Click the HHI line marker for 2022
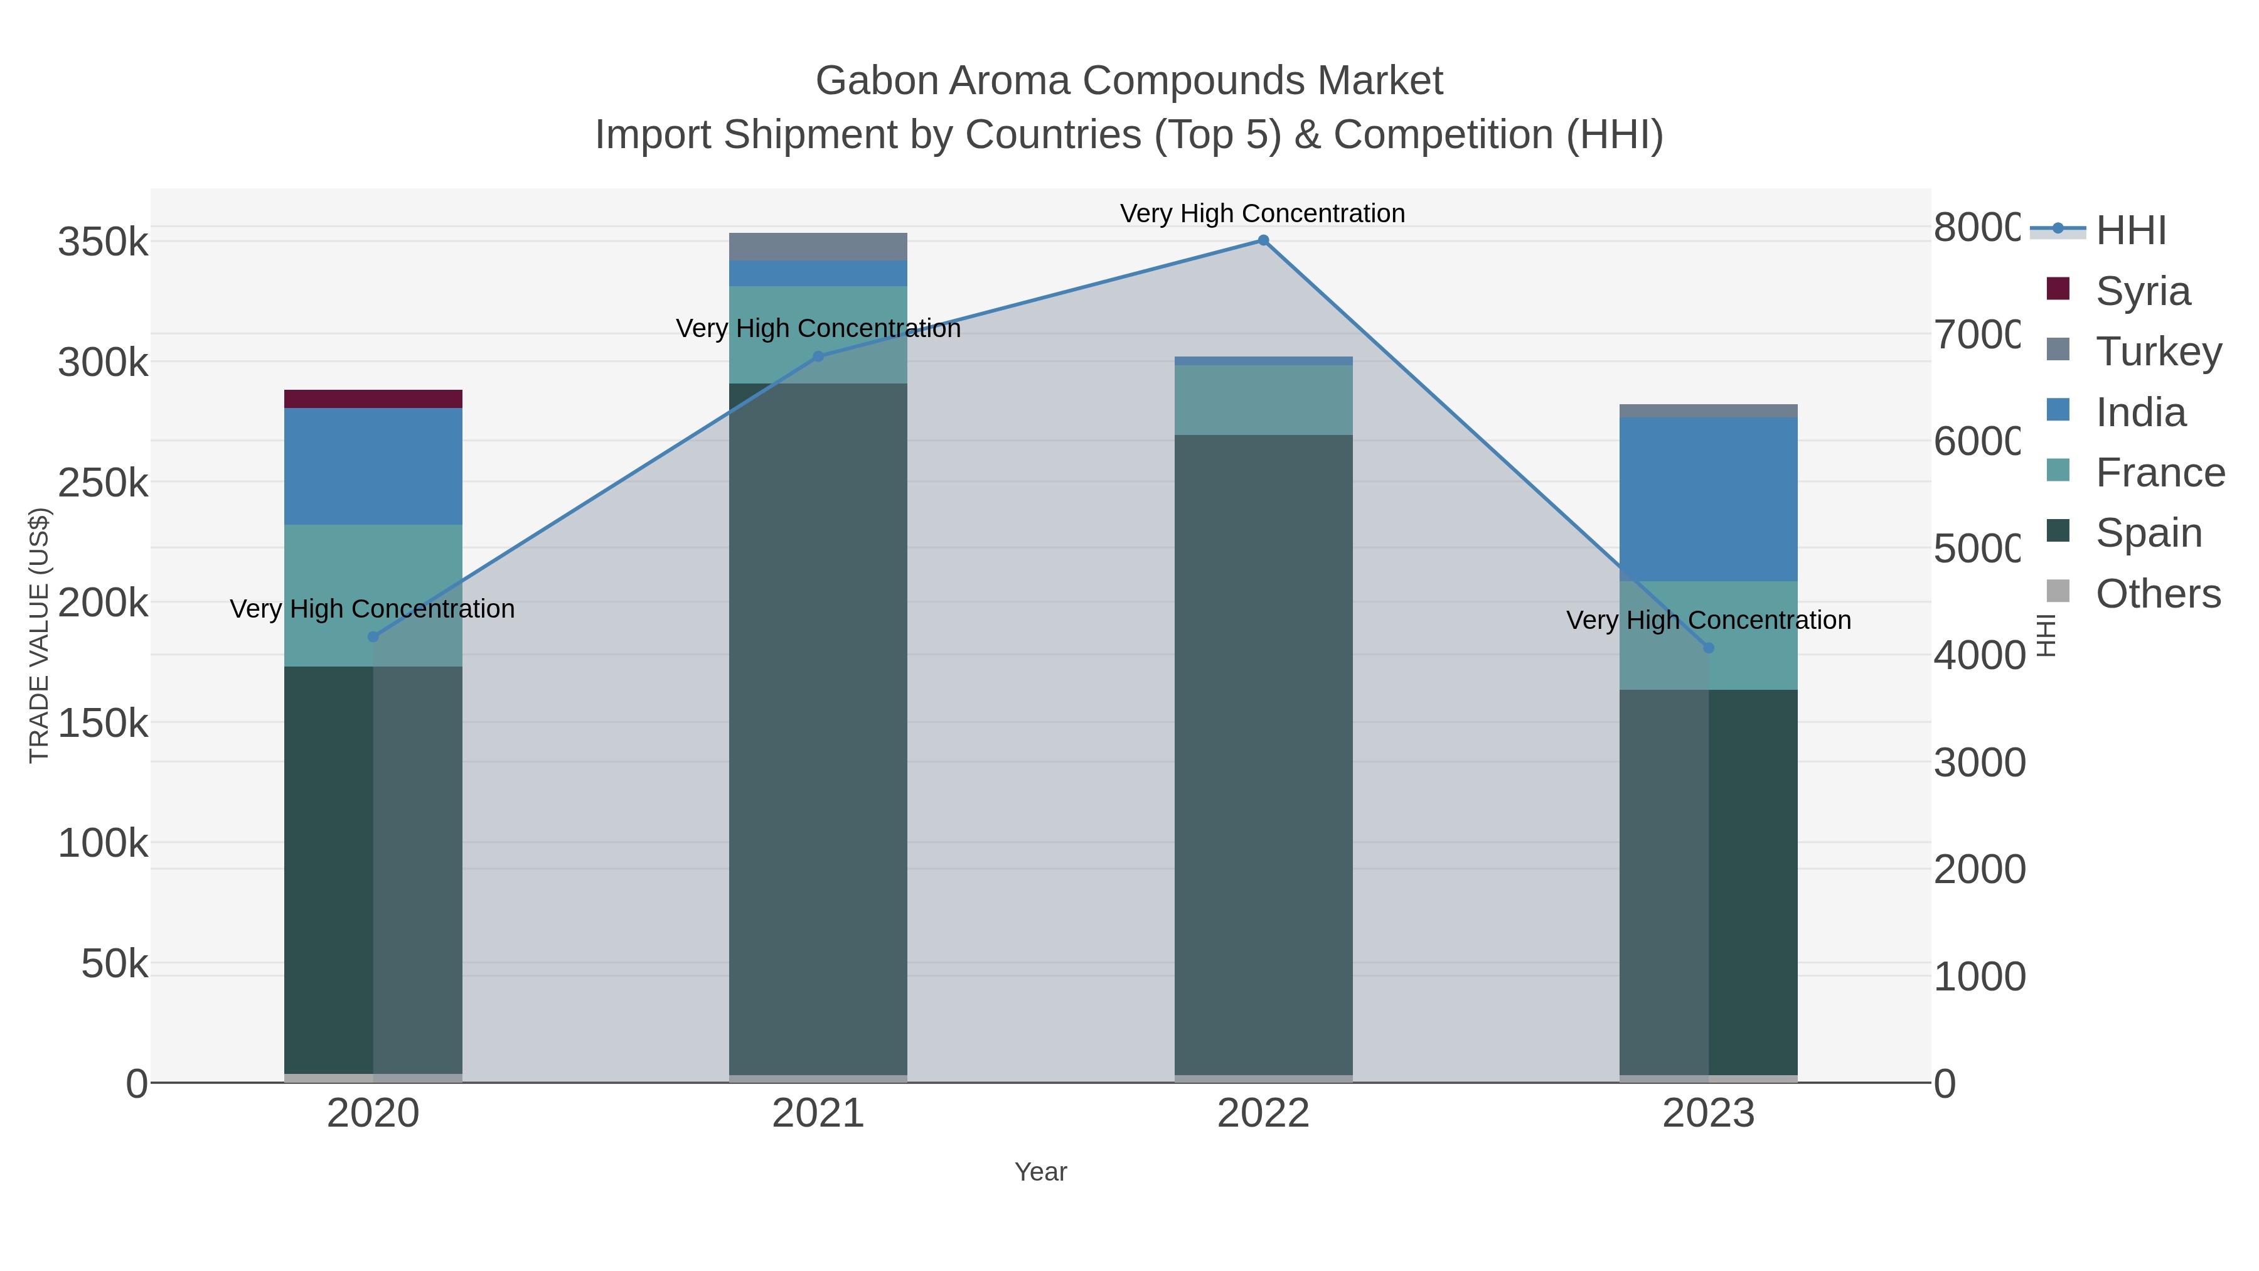pos(1263,240)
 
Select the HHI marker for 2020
pos(373,637)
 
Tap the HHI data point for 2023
pos(1708,648)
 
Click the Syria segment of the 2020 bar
pos(373,399)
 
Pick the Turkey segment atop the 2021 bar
pos(818,247)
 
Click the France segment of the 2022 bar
pos(1263,400)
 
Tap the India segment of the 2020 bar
pos(373,466)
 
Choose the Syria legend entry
pos(2142,291)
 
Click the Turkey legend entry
pos(2157,351)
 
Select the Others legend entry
pos(2157,594)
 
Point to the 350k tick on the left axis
pos(103,242)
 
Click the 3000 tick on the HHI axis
pos(1979,762)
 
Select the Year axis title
pos(1040,1172)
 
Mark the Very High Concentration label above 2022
pos(1263,213)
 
